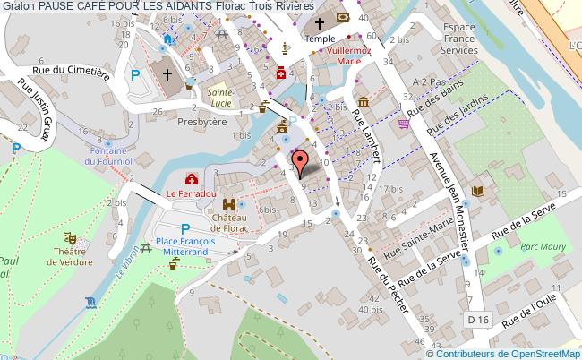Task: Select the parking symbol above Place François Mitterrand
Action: (x=185, y=228)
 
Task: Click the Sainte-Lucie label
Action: (x=218, y=97)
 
